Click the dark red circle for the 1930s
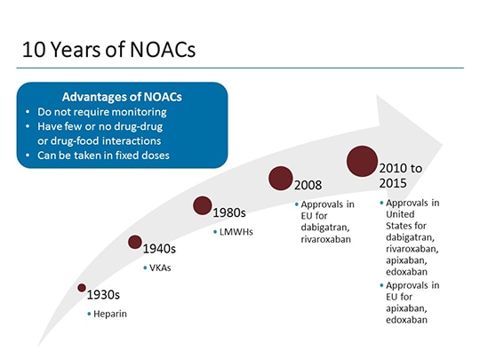tap(82, 288)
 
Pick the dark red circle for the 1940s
tap(134, 242)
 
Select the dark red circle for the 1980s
tap(203, 206)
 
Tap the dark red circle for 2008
tap(281, 178)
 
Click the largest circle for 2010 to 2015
tap(362, 162)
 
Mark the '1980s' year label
tap(229, 213)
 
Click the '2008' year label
tap(308, 186)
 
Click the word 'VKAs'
tap(161, 268)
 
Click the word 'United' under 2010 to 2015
tap(402, 214)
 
